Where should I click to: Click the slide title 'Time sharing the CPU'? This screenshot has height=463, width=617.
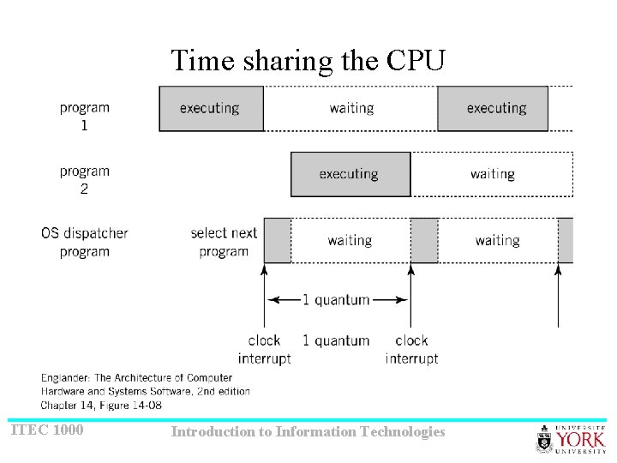click(x=308, y=61)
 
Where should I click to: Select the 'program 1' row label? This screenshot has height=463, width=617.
click(x=84, y=117)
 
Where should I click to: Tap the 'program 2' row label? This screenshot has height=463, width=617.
click(x=84, y=180)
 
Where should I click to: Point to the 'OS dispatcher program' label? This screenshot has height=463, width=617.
click(x=84, y=242)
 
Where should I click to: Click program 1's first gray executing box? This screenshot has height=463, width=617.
click(x=211, y=109)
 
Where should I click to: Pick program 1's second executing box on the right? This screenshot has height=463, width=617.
click(x=494, y=109)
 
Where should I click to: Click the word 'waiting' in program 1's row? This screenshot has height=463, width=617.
click(x=351, y=109)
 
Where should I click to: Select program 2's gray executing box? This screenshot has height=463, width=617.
click(x=350, y=174)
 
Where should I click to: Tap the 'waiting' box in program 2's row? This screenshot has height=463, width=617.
click(x=492, y=174)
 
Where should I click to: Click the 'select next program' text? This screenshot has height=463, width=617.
click(x=224, y=242)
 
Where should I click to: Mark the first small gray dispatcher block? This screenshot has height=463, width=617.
click(x=277, y=240)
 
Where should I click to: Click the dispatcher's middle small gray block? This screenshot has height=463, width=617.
click(x=424, y=240)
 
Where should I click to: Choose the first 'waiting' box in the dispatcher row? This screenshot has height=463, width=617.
click(x=350, y=240)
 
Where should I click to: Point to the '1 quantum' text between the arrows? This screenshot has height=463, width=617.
click(x=336, y=300)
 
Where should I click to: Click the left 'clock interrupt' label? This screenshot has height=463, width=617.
click(x=264, y=350)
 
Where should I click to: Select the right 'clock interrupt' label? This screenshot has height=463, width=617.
click(x=411, y=350)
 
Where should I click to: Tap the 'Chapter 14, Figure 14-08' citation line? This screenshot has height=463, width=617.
click(x=101, y=405)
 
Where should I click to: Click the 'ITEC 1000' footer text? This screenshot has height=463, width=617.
click(x=47, y=430)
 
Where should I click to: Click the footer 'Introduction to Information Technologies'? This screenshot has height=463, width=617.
click(x=308, y=431)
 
